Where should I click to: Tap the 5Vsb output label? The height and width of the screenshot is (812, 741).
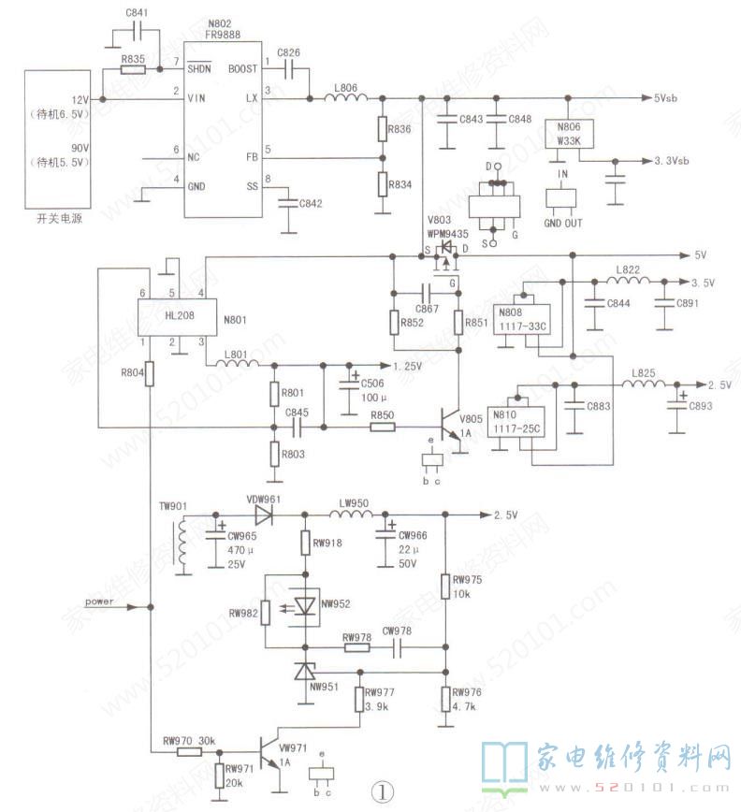click(x=671, y=98)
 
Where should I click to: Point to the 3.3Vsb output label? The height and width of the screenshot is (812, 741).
click(x=669, y=161)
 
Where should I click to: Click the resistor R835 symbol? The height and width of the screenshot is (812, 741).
click(x=133, y=70)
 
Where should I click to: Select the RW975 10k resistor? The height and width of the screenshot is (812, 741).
click(x=445, y=586)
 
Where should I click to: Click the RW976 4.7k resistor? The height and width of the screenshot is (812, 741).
click(x=445, y=697)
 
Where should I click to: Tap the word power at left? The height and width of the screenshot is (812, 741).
click(x=101, y=602)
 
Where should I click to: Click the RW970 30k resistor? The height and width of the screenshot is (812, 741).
click(x=189, y=750)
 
